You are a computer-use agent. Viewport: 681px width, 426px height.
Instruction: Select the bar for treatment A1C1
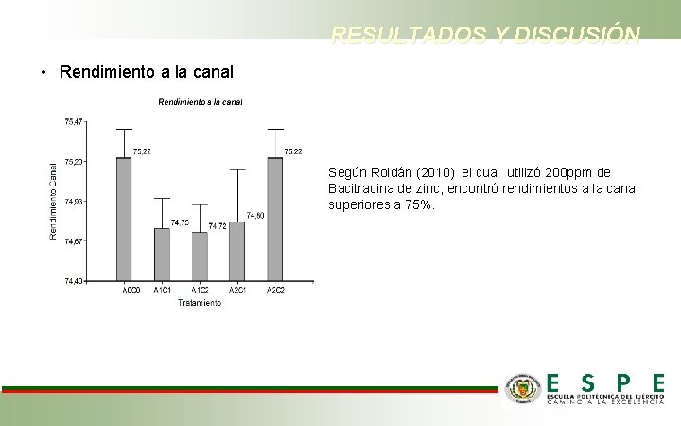point(162,254)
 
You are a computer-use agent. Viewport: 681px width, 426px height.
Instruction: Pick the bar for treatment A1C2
point(200,256)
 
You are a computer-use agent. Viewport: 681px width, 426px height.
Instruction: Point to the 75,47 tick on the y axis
point(73,121)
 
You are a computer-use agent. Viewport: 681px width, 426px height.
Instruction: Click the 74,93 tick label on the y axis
point(73,202)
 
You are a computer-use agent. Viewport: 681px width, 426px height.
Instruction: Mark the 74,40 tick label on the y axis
point(73,281)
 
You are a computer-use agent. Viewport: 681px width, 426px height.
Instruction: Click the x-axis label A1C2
point(200,290)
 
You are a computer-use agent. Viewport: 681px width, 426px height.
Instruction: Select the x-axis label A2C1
point(237,290)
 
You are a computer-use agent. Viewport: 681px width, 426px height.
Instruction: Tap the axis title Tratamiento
point(200,303)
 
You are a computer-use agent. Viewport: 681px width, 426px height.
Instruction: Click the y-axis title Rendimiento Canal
point(54,197)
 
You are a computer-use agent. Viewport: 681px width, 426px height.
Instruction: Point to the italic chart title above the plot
point(200,102)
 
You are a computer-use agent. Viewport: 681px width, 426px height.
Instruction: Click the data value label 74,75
point(179,222)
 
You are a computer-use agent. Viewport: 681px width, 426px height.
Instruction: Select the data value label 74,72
point(217,226)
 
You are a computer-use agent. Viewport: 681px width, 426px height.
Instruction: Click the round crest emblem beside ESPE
point(522,387)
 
